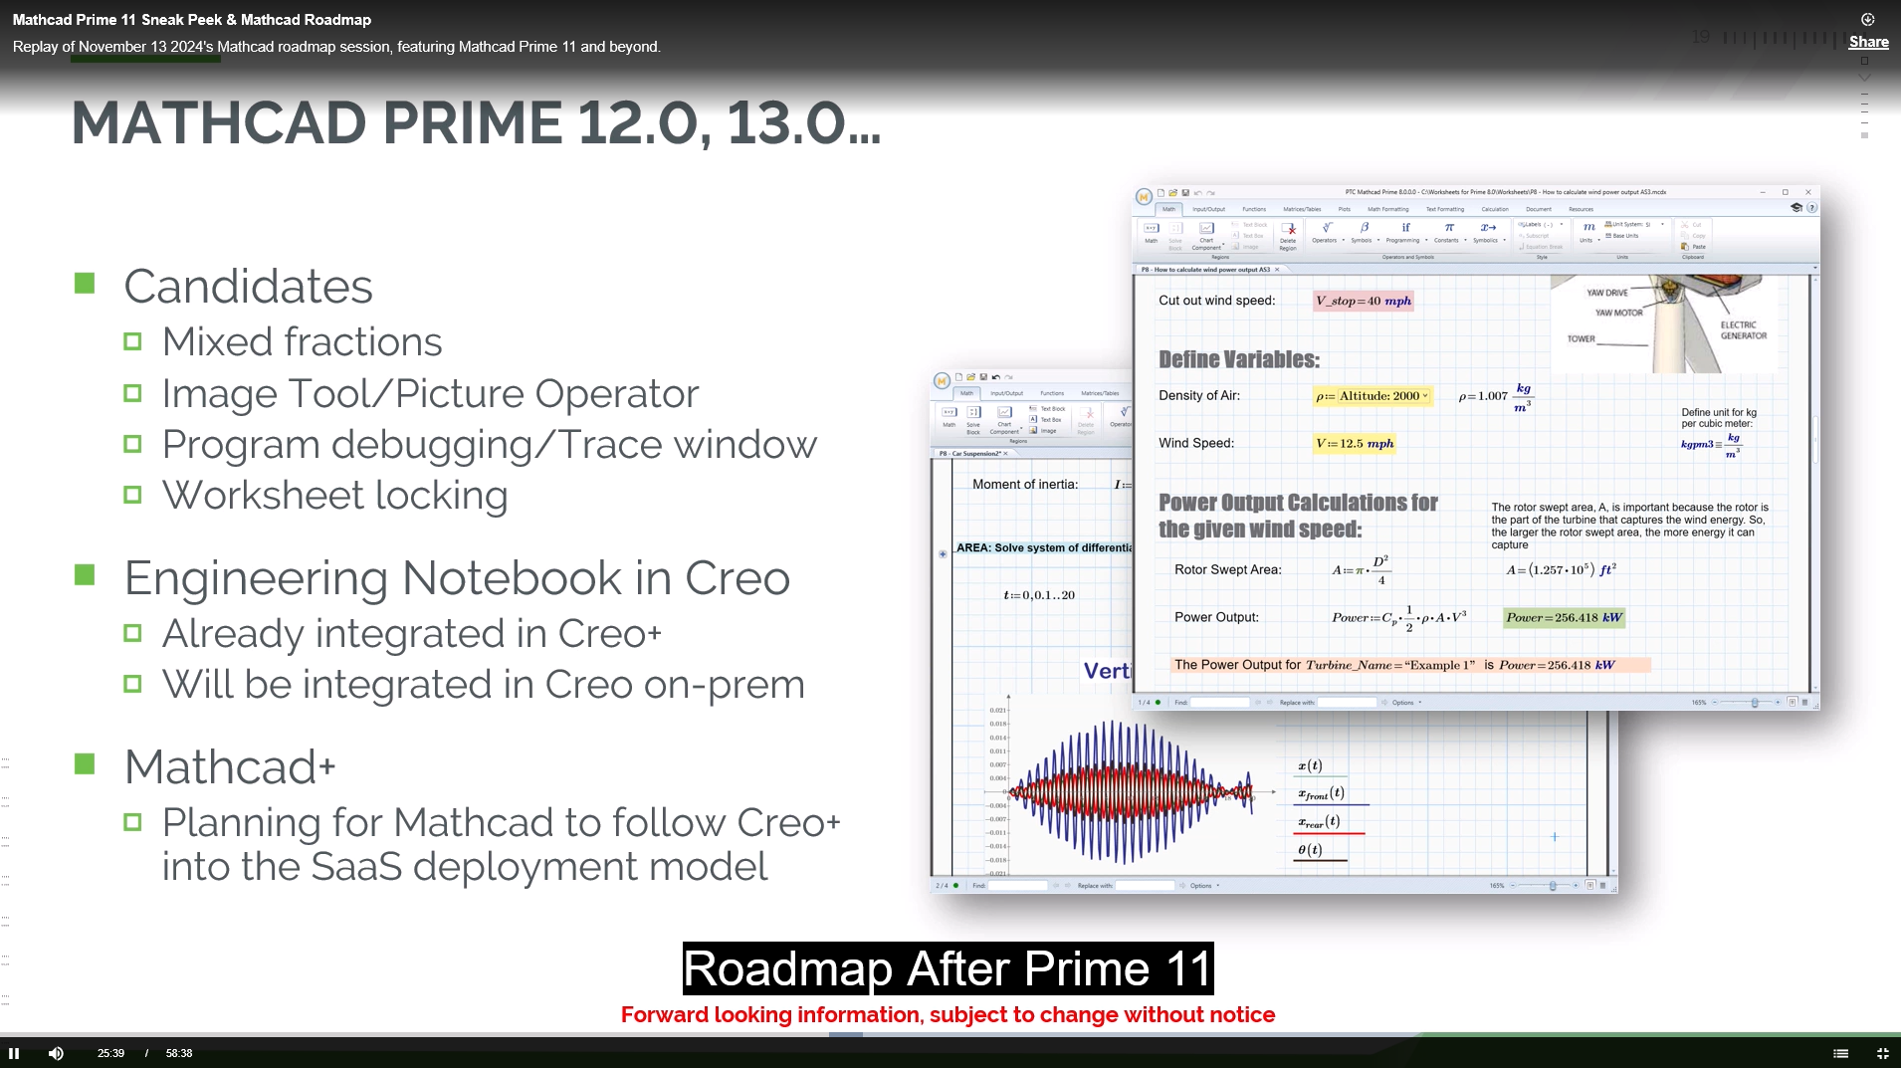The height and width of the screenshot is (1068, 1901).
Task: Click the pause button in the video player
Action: coord(14,1053)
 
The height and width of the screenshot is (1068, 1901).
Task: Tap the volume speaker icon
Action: coord(56,1053)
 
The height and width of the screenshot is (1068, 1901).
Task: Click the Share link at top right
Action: coord(1868,42)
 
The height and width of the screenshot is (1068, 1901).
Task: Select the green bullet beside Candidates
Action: coord(85,285)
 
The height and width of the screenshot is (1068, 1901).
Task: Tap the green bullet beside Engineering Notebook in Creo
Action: coord(85,575)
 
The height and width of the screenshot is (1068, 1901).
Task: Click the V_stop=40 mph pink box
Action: coord(1363,301)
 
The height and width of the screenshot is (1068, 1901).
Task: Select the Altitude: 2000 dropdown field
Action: coord(1373,396)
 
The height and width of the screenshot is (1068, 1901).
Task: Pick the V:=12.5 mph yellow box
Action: coord(1354,444)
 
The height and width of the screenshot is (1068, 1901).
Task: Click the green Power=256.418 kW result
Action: coord(1563,618)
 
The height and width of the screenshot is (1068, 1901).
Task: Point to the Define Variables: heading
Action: coord(1238,359)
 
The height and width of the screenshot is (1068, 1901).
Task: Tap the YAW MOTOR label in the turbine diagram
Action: coord(1618,313)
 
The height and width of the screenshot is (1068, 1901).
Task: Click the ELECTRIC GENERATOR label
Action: coord(1743,330)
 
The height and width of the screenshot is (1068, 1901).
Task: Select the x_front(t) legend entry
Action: coord(1321,794)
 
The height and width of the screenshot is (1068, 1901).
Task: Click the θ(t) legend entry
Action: coord(1310,850)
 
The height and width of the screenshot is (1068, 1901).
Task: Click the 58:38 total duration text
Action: coord(179,1053)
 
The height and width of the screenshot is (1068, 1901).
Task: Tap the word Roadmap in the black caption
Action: coord(787,968)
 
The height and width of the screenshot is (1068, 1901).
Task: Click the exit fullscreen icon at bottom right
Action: coord(1882,1053)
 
